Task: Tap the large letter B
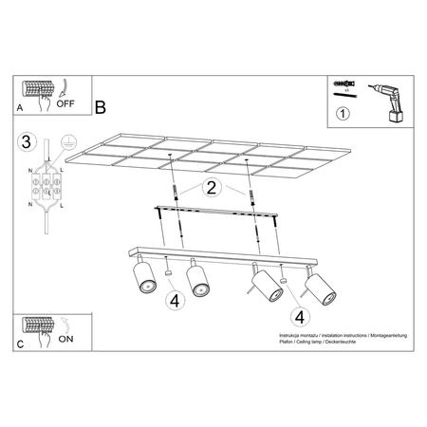point(101,108)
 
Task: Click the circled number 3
point(28,143)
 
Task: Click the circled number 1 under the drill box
point(343,118)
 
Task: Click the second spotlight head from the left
point(198,279)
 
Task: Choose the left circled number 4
point(174,303)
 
